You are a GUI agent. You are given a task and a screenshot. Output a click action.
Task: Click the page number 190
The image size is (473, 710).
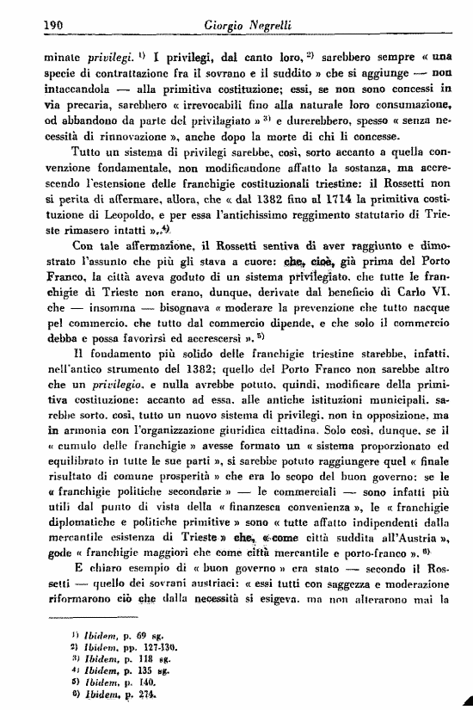pos(31,25)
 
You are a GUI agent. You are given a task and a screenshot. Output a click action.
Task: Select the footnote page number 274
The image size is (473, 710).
pos(130,693)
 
